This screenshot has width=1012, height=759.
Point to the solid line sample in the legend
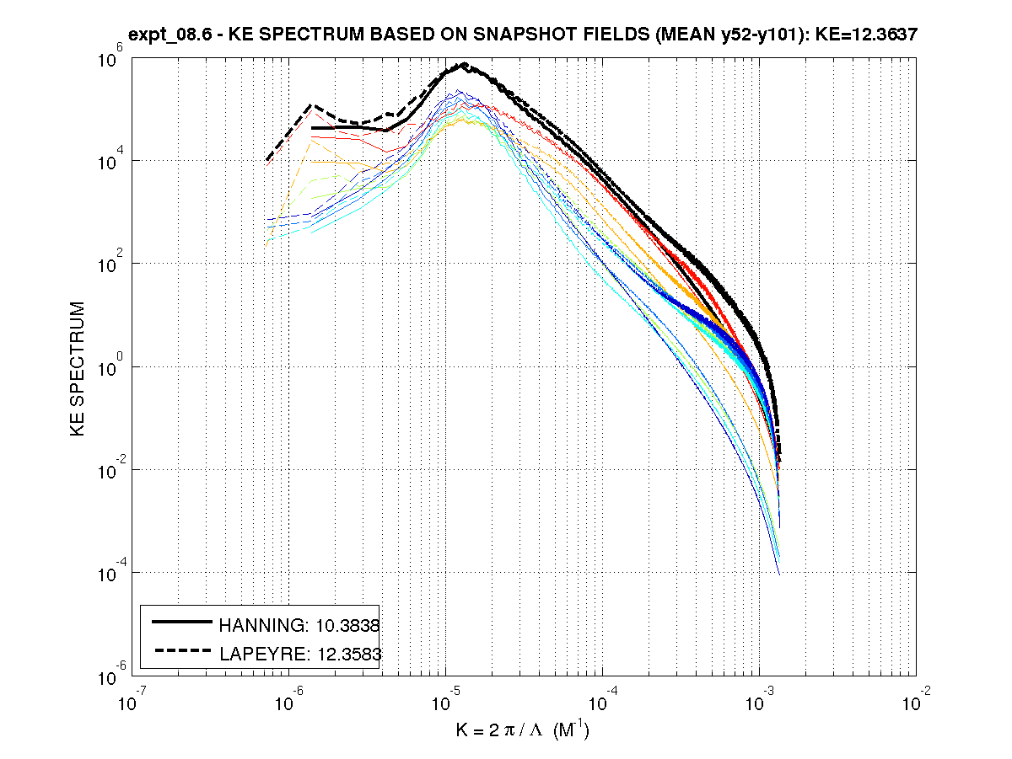pos(181,622)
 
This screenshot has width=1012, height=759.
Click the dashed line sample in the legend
pos(181,649)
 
